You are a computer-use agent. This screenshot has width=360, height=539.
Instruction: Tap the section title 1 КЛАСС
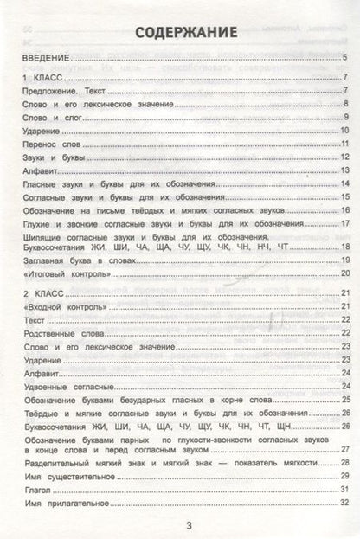pyautogui.click(x=35, y=78)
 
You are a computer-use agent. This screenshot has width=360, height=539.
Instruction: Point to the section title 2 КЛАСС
pyautogui.click(x=36, y=295)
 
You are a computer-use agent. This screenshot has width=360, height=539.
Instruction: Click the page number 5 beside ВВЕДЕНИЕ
pyautogui.click(x=344, y=59)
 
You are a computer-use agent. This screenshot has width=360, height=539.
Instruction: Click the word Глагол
pyautogui.click(x=37, y=490)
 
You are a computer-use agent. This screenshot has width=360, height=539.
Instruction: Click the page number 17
pyautogui.click(x=343, y=223)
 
